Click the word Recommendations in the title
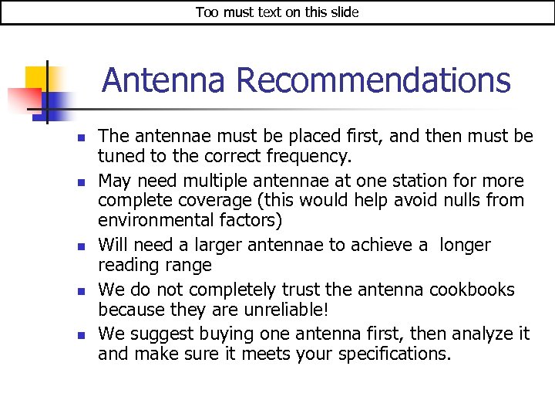(x=373, y=80)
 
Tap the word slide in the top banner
(x=342, y=12)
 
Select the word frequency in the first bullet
(x=313, y=157)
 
